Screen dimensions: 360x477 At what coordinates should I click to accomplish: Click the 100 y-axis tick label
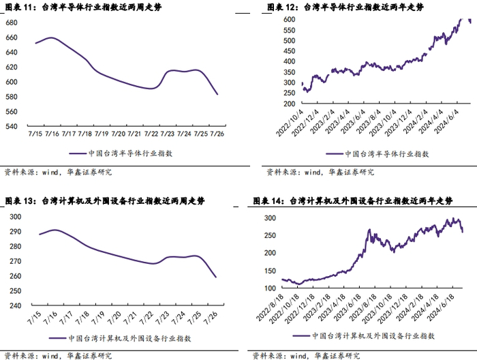tap(270, 289)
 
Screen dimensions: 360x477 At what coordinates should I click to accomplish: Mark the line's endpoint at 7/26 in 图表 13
tap(217, 277)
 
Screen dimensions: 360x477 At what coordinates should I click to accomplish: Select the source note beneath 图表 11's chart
tap(58, 172)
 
